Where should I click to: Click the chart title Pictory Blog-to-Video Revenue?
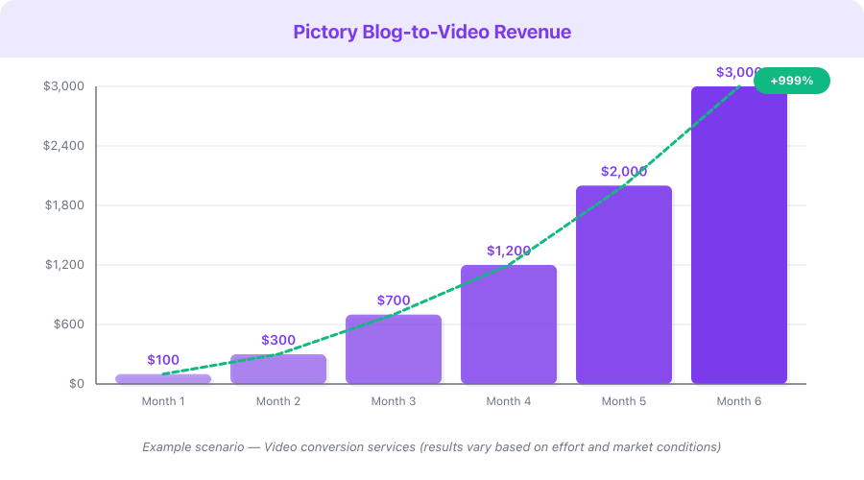tap(432, 32)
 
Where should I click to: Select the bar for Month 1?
tap(163, 379)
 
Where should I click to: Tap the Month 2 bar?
tap(278, 370)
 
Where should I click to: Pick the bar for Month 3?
tap(394, 349)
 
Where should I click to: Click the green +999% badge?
tap(791, 81)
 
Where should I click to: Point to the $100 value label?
tap(163, 360)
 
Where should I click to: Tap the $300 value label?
tap(278, 340)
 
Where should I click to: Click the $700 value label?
tap(394, 300)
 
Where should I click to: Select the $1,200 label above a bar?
tap(509, 251)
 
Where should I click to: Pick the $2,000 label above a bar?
tap(624, 172)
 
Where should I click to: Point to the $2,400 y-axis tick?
tap(63, 146)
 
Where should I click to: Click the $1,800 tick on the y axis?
tap(63, 205)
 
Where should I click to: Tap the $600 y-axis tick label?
tap(69, 324)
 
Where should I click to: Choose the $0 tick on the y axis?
tap(76, 384)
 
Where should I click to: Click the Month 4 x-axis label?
tap(509, 401)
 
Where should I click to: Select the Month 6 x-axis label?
tap(739, 401)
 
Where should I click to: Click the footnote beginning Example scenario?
tap(432, 446)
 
